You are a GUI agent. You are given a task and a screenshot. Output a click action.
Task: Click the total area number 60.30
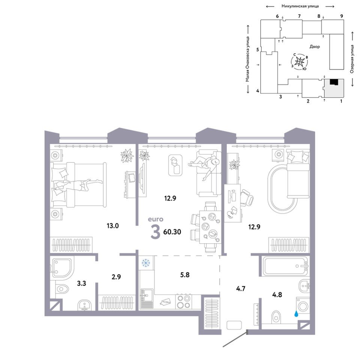[x=172, y=232]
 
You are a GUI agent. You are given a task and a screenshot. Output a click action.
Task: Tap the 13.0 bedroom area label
[x=113, y=226]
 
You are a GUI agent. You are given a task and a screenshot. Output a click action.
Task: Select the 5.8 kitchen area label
[x=185, y=275]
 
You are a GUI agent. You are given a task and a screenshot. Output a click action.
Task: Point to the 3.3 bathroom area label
[x=81, y=283]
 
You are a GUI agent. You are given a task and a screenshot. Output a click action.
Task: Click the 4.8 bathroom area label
[x=277, y=295]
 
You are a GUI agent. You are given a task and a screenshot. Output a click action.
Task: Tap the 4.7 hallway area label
[x=241, y=289]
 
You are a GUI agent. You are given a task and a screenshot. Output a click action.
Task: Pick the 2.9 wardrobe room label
[x=116, y=277]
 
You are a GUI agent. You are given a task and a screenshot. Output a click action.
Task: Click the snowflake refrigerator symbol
[x=145, y=263]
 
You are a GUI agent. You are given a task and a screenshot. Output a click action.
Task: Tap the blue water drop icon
[x=296, y=314]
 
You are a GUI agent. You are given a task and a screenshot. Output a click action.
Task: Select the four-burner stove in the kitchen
[x=184, y=301]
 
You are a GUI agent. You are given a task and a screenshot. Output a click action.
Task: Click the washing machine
[x=303, y=305]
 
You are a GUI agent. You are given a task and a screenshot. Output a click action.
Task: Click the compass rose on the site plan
[x=300, y=61]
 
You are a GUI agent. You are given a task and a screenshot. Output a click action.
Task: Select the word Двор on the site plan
[x=315, y=46]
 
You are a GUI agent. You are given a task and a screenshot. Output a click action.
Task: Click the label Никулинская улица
[x=300, y=6]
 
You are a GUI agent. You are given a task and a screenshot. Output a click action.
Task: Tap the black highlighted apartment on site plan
[x=334, y=82]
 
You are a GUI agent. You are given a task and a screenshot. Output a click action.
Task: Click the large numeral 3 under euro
[x=155, y=232]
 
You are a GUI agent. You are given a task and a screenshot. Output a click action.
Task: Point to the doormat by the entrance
[x=234, y=325]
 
